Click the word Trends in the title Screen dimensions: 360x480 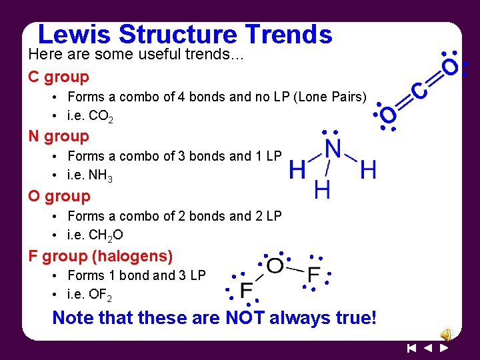point(289,34)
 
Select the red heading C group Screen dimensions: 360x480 point(59,77)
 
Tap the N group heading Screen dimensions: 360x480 point(59,137)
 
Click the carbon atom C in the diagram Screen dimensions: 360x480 point(419,91)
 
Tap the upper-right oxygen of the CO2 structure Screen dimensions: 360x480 point(451,67)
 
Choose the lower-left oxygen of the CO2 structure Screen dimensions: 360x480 point(389,115)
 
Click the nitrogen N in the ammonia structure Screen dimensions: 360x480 point(332,149)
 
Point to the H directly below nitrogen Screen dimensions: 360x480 point(322,191)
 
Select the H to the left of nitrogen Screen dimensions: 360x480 point(297,171)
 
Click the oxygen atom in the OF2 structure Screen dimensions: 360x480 point(275,267)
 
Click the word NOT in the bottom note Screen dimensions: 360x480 point(245,317)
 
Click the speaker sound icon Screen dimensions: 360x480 point(445,334)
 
